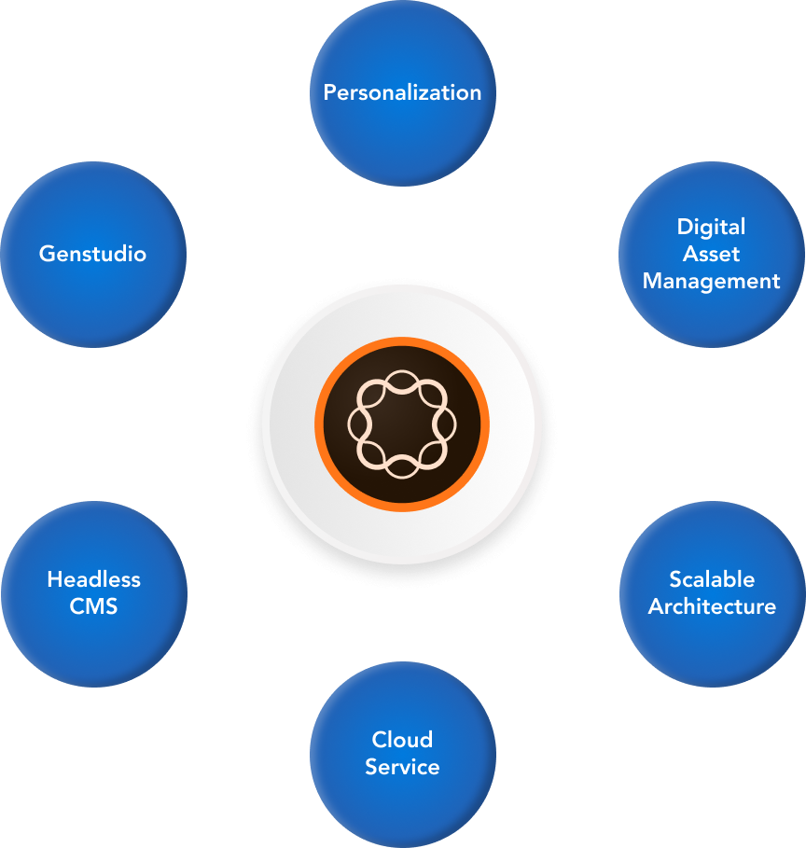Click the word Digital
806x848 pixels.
pyautogui.click(x=711, y=227)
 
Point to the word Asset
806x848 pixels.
pyautogui.click(x=711, y=254)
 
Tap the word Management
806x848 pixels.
pyautogui.click(x=711, y=281)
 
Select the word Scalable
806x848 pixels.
pyautogui.click(x=712, y=579)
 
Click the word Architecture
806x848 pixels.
pyautogui.click(x=712, y=606)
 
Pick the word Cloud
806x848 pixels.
pyautogui.click(x=402, y=740)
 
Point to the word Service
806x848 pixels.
pyautogui.click(x=402, y=767)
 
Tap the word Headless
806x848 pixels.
pyautogui.click(x=93, y=579)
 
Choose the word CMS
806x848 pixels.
pyautogui.click(x=93, y=606)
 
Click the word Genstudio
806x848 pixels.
pyautogui.click(x=92, y=254)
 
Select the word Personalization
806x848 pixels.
pyautogui.click(x=402, y=92)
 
